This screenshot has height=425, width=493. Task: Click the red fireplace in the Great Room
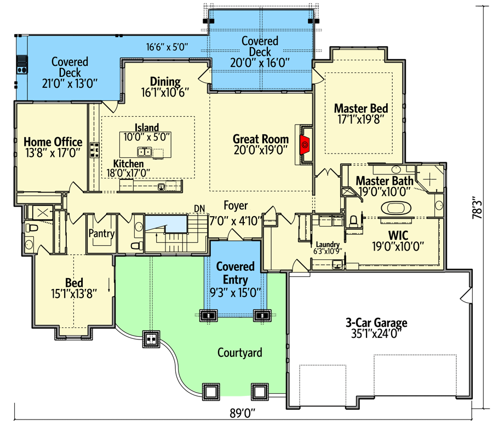tap(305, 145)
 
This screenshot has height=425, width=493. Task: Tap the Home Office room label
tap(53, 141)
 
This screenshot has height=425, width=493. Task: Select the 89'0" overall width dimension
tap(242, 413)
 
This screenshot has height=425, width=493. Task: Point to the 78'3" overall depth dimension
tap(477, 207)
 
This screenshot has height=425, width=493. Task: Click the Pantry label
tap(101, 233)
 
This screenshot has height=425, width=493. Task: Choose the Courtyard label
tap(239, 353)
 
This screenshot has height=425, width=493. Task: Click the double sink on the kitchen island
tap(145, 152)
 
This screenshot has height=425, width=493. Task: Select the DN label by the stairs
tap(199, 209)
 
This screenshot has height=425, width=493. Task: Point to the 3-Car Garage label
tap(376, 322)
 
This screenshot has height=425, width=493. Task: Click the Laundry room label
tap(328, 245)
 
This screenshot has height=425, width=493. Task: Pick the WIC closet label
tap(398, 235)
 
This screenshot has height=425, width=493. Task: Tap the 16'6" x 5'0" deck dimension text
tap(167, 47)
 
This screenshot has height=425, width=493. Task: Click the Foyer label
tap(236, 206)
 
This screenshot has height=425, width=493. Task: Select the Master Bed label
tap(361, 108)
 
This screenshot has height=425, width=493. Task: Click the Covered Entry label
tap(236, 273)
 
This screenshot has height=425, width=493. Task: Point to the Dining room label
tap(165, 82)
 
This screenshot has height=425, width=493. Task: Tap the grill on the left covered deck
tap(22, 64)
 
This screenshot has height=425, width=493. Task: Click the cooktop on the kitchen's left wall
tap(94, 150)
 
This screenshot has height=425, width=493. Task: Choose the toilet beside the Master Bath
tap(353, 221)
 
